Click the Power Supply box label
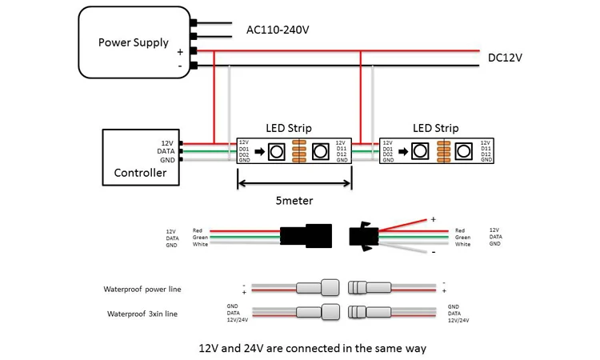(133, 42)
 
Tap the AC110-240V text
(277, 30)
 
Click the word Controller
(140, 173)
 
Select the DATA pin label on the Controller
(166, 150)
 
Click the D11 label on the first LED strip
(342, 148)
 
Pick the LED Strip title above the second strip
(435, 128)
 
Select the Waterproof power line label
(142, 289)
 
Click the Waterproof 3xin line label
(142, 314)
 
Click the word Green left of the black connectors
(200, 238)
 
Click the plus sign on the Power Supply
(180, 50)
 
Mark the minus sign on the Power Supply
(180, 65)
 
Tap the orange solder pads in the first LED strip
(299, 151)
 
